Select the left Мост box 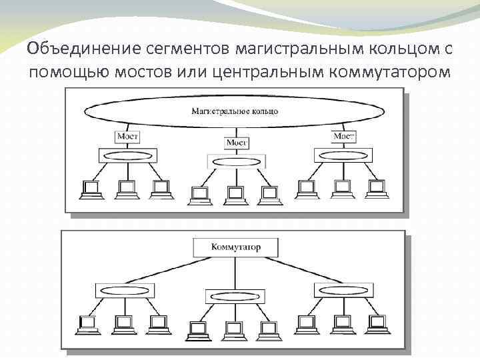click(127, 136)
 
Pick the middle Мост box click(237, 143)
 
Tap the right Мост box click(343, 136)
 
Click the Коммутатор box click(235, 248)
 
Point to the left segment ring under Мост click(127, 155)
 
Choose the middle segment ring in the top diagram click(236, 161)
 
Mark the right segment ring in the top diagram click(343, 155)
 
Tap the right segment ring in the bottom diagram click(343, 291)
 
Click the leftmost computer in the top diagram click(89, 189)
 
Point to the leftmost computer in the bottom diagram click(89, 325)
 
